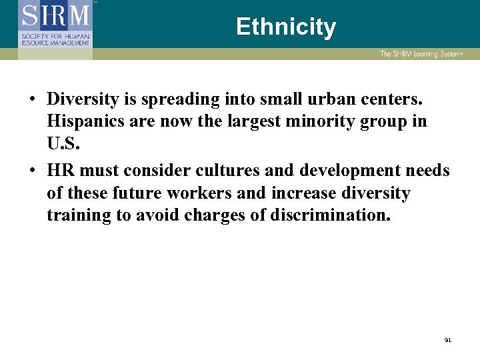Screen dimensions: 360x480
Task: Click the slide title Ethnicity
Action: point(285,27)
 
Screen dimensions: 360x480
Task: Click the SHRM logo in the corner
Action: point(55,24)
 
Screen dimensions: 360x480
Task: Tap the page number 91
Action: point(447,340)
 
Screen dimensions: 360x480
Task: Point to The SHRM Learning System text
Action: point(421,54)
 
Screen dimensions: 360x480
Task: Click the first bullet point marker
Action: point(32,100)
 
